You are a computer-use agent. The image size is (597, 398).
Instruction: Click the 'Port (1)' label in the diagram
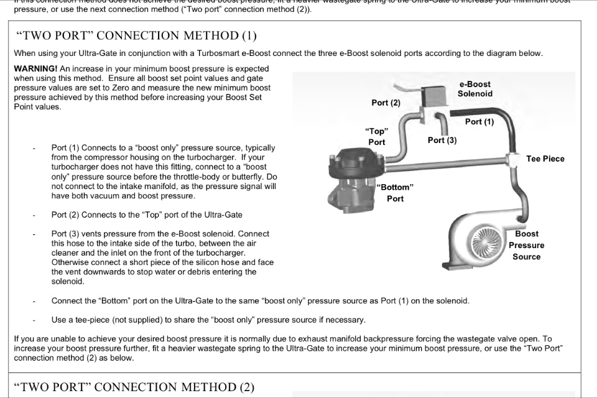pos(479,122)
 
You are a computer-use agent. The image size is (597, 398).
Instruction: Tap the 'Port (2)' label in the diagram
pos(386,103)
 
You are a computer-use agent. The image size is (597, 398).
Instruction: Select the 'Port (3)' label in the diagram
pos(442,141)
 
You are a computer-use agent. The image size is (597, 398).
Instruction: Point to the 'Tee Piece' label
pos(545,159)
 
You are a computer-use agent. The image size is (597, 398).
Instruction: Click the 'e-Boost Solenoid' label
pos(474,89)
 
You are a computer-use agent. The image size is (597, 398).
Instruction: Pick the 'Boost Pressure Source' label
pos(526,245)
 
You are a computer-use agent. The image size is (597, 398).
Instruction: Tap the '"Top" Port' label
pos(376,137)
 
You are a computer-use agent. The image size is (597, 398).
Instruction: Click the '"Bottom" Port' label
pos(395,193)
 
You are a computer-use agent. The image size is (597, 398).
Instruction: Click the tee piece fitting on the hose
pos(513,159)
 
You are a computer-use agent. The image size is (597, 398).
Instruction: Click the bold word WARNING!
pos(35,69)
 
